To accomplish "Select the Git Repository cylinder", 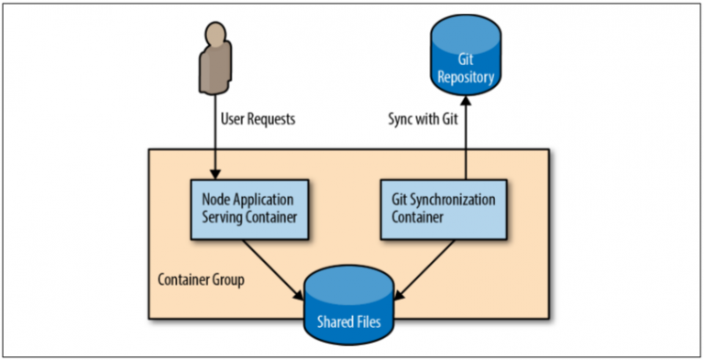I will [467, 62].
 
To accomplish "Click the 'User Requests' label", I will [258, 119].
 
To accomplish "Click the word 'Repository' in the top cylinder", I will [467, 78].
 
